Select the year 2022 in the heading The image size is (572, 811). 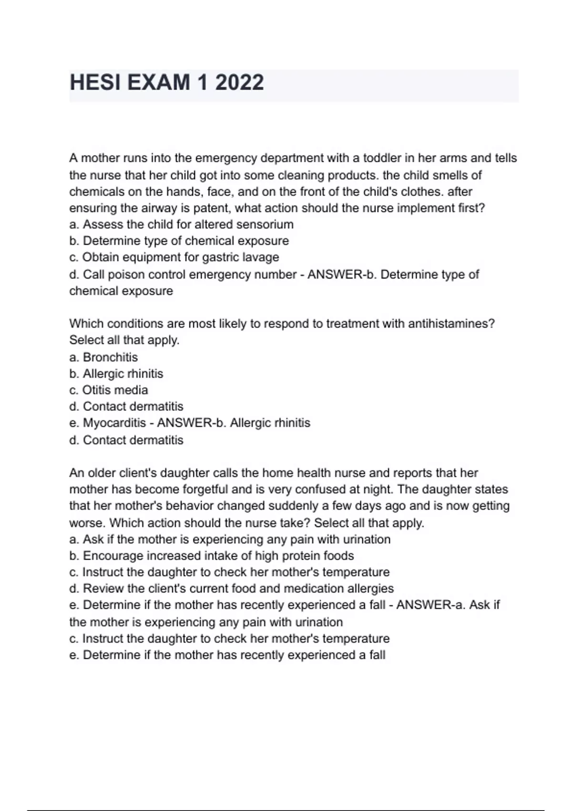click(239, 83)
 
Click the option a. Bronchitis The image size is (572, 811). click(103, 357)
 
